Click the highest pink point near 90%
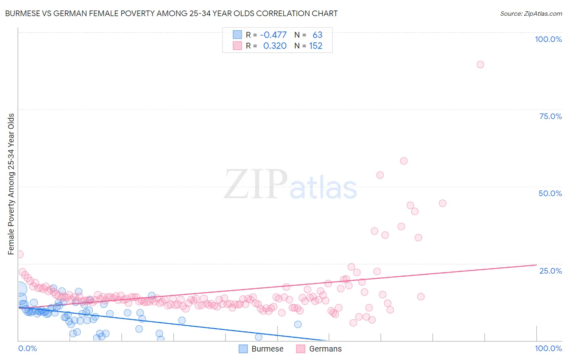[480, 65]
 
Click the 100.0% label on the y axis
[548, 39]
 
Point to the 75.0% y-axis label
[550, 116]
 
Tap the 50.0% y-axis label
[550, 193]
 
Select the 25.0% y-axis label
[550, 270]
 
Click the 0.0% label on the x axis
[27, 348]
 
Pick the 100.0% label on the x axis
[548, 348]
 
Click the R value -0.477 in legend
[273, 35]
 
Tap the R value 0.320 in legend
[275, 46]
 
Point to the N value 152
[316, 46]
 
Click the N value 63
[317, 35]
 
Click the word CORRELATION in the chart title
[275, 13]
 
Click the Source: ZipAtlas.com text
[531, 13]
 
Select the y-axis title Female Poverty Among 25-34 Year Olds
[11, 184]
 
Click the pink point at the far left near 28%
[19, 254]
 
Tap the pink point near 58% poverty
[403, 161]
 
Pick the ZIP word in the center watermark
[256, 184]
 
